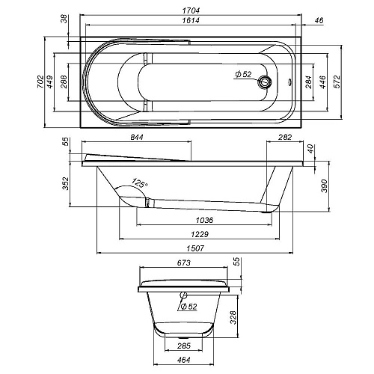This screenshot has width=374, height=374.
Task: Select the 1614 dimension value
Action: coord(188,23)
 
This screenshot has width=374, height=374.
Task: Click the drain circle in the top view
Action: coord(263,82)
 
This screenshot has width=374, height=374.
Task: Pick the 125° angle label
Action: coord(139,182)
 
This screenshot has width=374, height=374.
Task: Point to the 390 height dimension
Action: coord(324,185)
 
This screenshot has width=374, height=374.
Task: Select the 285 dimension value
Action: coord(184,346)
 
